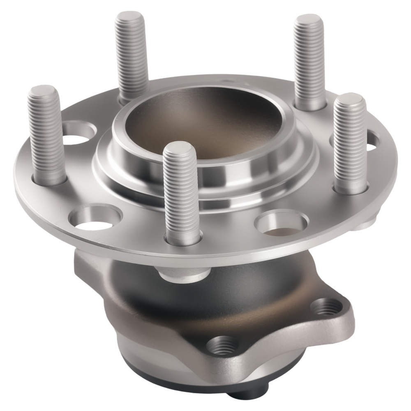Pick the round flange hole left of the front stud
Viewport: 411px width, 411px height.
tap(95, 218)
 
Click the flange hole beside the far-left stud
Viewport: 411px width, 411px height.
tap(78, 133)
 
